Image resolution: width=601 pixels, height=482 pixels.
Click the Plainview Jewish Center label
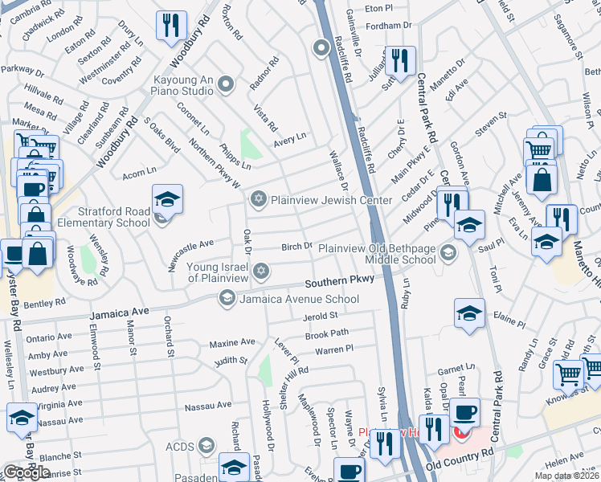click(331, 200)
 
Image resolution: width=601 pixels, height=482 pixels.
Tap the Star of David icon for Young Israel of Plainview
click(259, 273)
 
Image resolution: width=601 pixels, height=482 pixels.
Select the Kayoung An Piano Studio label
click(184, 84)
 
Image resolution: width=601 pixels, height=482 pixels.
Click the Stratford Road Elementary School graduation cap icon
click(168, 198)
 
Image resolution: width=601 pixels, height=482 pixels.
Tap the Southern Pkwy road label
click(339, 283)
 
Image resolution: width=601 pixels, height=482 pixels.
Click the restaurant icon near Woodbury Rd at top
click(170, 25)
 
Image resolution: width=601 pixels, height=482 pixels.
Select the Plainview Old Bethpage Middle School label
click(377, 254)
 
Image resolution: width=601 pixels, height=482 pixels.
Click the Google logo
click(27, 472)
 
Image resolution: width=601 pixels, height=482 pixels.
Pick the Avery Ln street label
click(290, 138)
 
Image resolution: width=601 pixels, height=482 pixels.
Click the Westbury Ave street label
click(56, 372)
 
